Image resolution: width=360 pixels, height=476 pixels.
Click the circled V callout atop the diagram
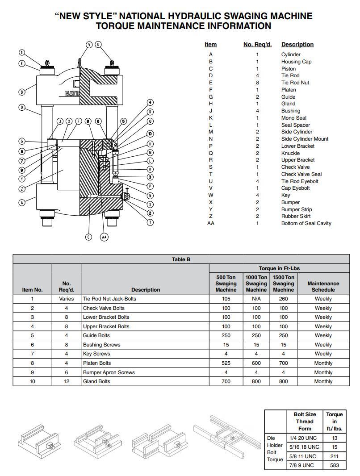[89, 45]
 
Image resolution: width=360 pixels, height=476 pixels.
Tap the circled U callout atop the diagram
[98, 45]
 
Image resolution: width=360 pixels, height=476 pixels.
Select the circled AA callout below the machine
[104, 237]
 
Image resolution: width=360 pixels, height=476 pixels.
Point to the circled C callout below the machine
[89, 237]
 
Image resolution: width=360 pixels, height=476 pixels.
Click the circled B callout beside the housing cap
[22, 92]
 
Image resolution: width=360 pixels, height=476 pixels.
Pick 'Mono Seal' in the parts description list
[293, 118]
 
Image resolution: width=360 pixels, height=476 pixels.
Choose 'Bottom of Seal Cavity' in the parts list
[306, 223]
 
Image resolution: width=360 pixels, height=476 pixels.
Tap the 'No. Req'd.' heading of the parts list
[257, 45]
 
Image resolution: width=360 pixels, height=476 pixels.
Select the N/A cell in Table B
[256, 299]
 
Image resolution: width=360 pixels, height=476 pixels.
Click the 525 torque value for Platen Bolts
[226, 363]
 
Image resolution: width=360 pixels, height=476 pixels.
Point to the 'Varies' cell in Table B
[66, 299]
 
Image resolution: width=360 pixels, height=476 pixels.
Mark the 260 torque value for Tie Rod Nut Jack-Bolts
[283, 299]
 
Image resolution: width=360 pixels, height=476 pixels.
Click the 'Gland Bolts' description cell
[96, 381]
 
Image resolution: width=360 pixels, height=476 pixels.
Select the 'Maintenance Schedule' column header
[323, 287]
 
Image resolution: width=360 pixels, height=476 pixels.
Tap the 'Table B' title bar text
[181, 259]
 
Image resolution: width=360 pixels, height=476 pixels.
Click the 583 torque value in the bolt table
[334, 465]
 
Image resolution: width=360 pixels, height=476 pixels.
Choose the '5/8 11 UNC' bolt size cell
[304, 456]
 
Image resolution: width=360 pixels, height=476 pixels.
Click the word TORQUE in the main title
[116, 26]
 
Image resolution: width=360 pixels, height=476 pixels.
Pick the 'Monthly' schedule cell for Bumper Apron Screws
[323, 372]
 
